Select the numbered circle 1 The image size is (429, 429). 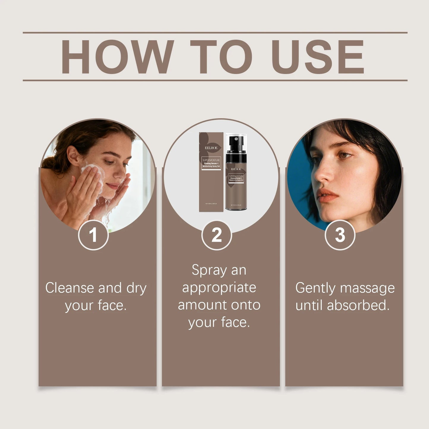(93, 235)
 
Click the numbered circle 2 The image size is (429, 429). (217, 235)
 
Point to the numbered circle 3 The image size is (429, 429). (340, 235)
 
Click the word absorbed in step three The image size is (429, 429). (358, 305)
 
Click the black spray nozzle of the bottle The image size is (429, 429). (236, 140)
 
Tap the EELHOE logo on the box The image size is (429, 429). (211, 148)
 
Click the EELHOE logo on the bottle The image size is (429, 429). (236, 169)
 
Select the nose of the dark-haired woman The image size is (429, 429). (322, 175)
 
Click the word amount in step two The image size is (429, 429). (202, 305)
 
